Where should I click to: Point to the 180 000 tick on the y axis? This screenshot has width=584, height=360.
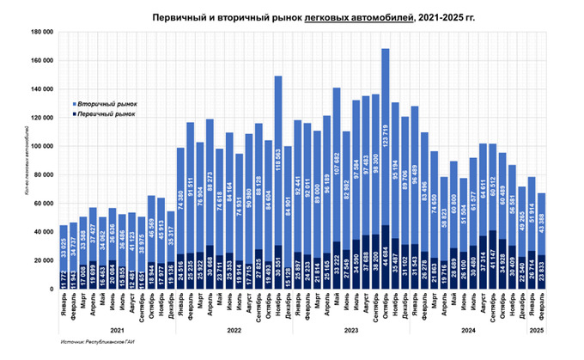[42, 31]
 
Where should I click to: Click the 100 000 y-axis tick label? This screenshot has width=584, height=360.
[42, 145]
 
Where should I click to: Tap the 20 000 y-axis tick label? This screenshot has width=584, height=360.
[44, 259]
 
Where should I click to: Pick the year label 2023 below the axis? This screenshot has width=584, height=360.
[351, 327]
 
